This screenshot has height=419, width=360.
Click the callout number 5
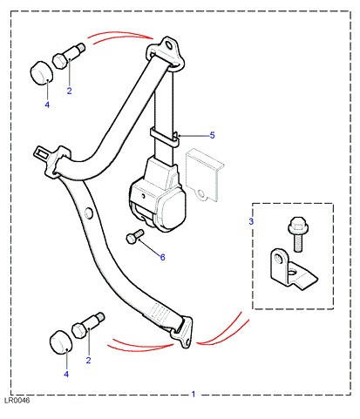pos(212,135)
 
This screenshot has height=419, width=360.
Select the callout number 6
pos(162,257)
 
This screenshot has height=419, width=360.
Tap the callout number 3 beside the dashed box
pos(251,221)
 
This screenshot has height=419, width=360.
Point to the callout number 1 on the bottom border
pos(194,394)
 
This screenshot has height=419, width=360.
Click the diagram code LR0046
pos(17,401)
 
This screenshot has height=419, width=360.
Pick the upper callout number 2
pos(69,91)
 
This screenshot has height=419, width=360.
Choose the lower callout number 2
pos(88,361)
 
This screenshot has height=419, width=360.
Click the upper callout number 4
pos(47,105)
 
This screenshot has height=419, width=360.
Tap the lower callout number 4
pos(66,375)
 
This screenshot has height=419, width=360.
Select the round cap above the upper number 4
pos(42,72)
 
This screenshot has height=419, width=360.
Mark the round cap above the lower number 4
pos(61,342)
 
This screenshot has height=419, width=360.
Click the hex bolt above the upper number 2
pos(69,56)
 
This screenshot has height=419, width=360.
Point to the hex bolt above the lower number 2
pos(88,325)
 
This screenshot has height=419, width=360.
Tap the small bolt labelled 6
pos(135,236)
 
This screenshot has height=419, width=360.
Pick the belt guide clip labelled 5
pos(164,137)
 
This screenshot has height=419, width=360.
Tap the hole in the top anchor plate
pos(168,45)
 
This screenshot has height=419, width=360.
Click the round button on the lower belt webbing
pos(88,213)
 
